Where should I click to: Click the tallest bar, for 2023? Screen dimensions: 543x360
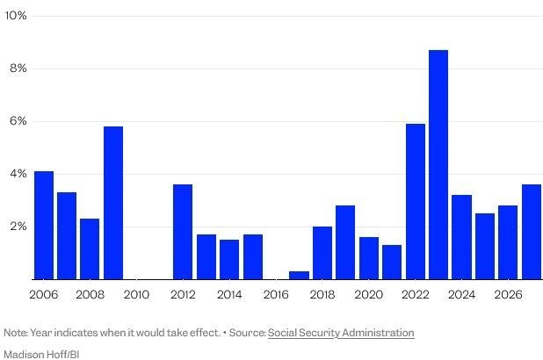tap(438, 165)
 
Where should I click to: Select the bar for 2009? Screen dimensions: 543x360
tap(113, 203)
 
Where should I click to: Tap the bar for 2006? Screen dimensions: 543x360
tap(44, 226)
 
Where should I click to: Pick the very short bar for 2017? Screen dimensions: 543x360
tap(300, 276)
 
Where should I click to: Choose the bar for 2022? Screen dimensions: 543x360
tap(416, 201)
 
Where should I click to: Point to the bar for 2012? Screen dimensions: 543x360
tap(183, 232)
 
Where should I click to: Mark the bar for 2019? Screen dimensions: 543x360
tap(345, 242)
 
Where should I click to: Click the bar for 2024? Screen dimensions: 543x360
tap(461, 237)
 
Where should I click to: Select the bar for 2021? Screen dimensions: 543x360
tap(392, 262)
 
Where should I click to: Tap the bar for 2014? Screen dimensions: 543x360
tap(229, 260)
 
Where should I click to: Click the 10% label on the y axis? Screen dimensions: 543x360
tap(16, 16)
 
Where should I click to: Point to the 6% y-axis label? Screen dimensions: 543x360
tap(18, 121)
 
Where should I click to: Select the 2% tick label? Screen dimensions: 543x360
tap(18, 227)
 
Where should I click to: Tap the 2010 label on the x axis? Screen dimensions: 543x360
tap(136, 294)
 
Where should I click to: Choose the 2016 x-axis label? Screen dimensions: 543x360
tap(276, 294)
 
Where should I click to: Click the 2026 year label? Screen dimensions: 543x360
tap(508, 294)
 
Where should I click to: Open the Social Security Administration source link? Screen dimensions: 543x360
tap(341, 333)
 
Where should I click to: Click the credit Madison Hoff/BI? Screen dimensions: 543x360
tap(41, 355)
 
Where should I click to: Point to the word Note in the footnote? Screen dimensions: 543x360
tap(15, 333)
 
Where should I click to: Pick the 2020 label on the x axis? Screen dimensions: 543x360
tap(369, 294)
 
